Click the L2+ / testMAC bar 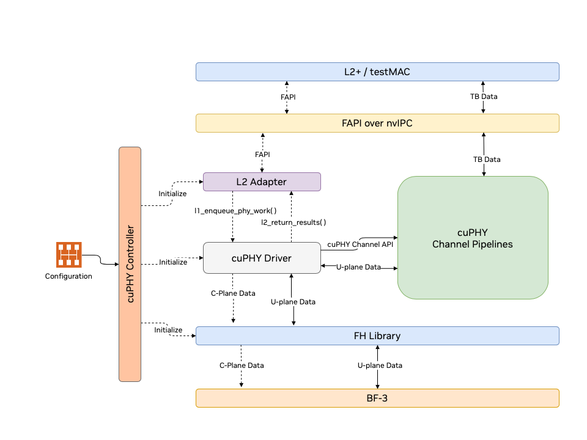(377, 72)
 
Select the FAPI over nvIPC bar (377, 123)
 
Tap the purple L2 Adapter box (262, 182)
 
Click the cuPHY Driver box (262, 258)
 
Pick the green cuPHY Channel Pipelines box (473, 238)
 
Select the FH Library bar (377, 336)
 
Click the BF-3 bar (377, 398)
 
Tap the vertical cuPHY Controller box (130, 264)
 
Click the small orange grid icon (69, 255)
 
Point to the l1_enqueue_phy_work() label (236, 211)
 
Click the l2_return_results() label (294, 222)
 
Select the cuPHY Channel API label (360, 244)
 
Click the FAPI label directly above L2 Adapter (262, 155)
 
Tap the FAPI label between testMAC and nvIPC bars (288, 97)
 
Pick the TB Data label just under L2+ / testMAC (484, 97)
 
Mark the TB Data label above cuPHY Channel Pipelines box (487, 159)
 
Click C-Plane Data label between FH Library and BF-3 (242, 365)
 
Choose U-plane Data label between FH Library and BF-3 (380, 365)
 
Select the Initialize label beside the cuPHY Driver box (173, 262)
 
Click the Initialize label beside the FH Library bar (168, 330)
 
